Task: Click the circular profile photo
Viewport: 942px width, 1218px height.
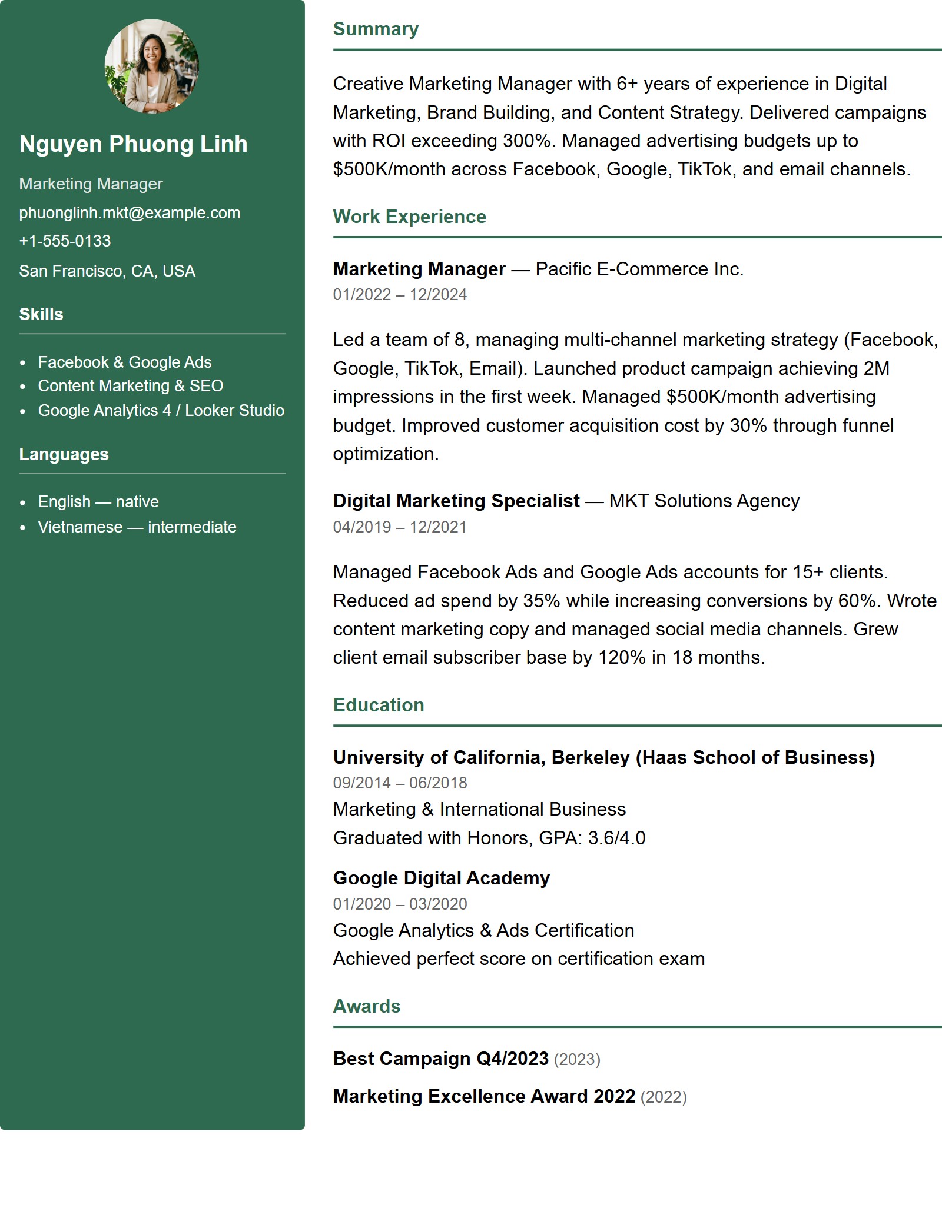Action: pyautogui.click(x=152, y=66)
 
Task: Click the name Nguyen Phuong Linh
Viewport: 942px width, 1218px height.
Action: pyautogui.click(x=133, y=144)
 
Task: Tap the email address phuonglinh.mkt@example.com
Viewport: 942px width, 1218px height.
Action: pyautogui.click(x=130, y=213)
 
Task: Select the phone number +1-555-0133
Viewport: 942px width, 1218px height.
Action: pyautogui.click(x=65, y=241)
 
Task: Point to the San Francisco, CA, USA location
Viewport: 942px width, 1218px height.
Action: pyautogui.click(x=107, y=271)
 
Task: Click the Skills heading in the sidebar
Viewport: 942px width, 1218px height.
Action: pyautogui.click(x=41, y=314)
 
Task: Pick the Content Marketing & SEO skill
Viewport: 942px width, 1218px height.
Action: pyautogui.click(x=131, y=386)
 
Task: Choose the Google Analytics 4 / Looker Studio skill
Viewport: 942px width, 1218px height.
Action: pyautogui.click(x=161, y=411)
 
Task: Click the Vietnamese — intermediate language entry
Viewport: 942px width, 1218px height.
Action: pyautogui.click(x=137, y=527)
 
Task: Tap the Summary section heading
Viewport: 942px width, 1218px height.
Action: pyautogui.click(x=376, y=29)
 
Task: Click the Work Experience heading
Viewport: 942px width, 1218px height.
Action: pyautogui.click(x=409, y=217)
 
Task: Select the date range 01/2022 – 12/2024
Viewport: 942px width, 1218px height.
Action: pyautogui.click(x=400, y=295)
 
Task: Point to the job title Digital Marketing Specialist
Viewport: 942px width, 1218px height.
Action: pyautogui.click(x=456, y=501)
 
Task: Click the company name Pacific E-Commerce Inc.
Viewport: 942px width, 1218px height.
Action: pyautogui.click(x=639, y=269)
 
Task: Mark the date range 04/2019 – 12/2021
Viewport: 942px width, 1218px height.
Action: pyautogui.click(x=400, y=527)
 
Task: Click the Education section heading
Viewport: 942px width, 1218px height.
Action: pyautogui.click(x=379, y=705)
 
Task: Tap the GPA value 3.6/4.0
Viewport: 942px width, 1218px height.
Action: pyautogui.click(x=616, y=838)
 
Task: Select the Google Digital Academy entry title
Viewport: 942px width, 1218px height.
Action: pyautogui.click(x=441, y=878)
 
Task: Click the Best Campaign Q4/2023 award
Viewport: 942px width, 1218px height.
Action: pyautogui.click(x=440, y=1059)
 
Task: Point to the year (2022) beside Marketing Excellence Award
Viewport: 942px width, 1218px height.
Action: pyautogui.click(x=664, y=1097)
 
